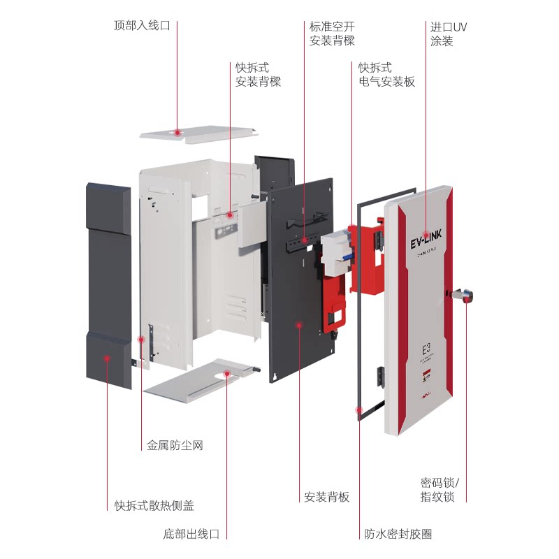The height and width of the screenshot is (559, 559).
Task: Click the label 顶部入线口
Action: [x=142, y=26]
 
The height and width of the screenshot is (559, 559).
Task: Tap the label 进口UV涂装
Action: [x=448, y=34]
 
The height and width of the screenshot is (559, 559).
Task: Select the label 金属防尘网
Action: [x=175, y=445]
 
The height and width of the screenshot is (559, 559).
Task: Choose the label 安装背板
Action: [x=326, y=498]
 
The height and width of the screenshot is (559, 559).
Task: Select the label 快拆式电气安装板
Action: [x=386, y=75]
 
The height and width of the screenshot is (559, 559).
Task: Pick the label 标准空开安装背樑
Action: [x=332, y=34]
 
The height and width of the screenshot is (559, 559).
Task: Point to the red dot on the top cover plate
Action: [x=178, y=131]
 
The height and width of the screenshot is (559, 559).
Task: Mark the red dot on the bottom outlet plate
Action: [x=228, y=375]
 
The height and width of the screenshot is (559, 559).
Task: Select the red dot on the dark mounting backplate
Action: [x=299, y=324]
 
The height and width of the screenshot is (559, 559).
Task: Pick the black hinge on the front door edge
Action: [x=380, y=377]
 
